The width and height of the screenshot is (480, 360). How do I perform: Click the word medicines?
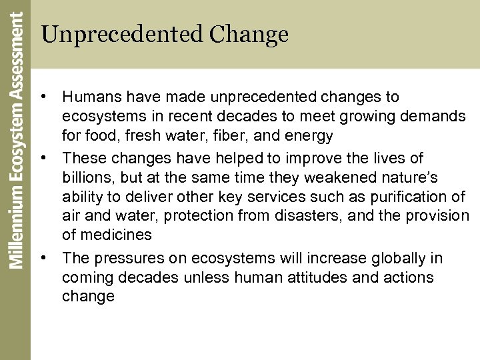click(x=118, y=235)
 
